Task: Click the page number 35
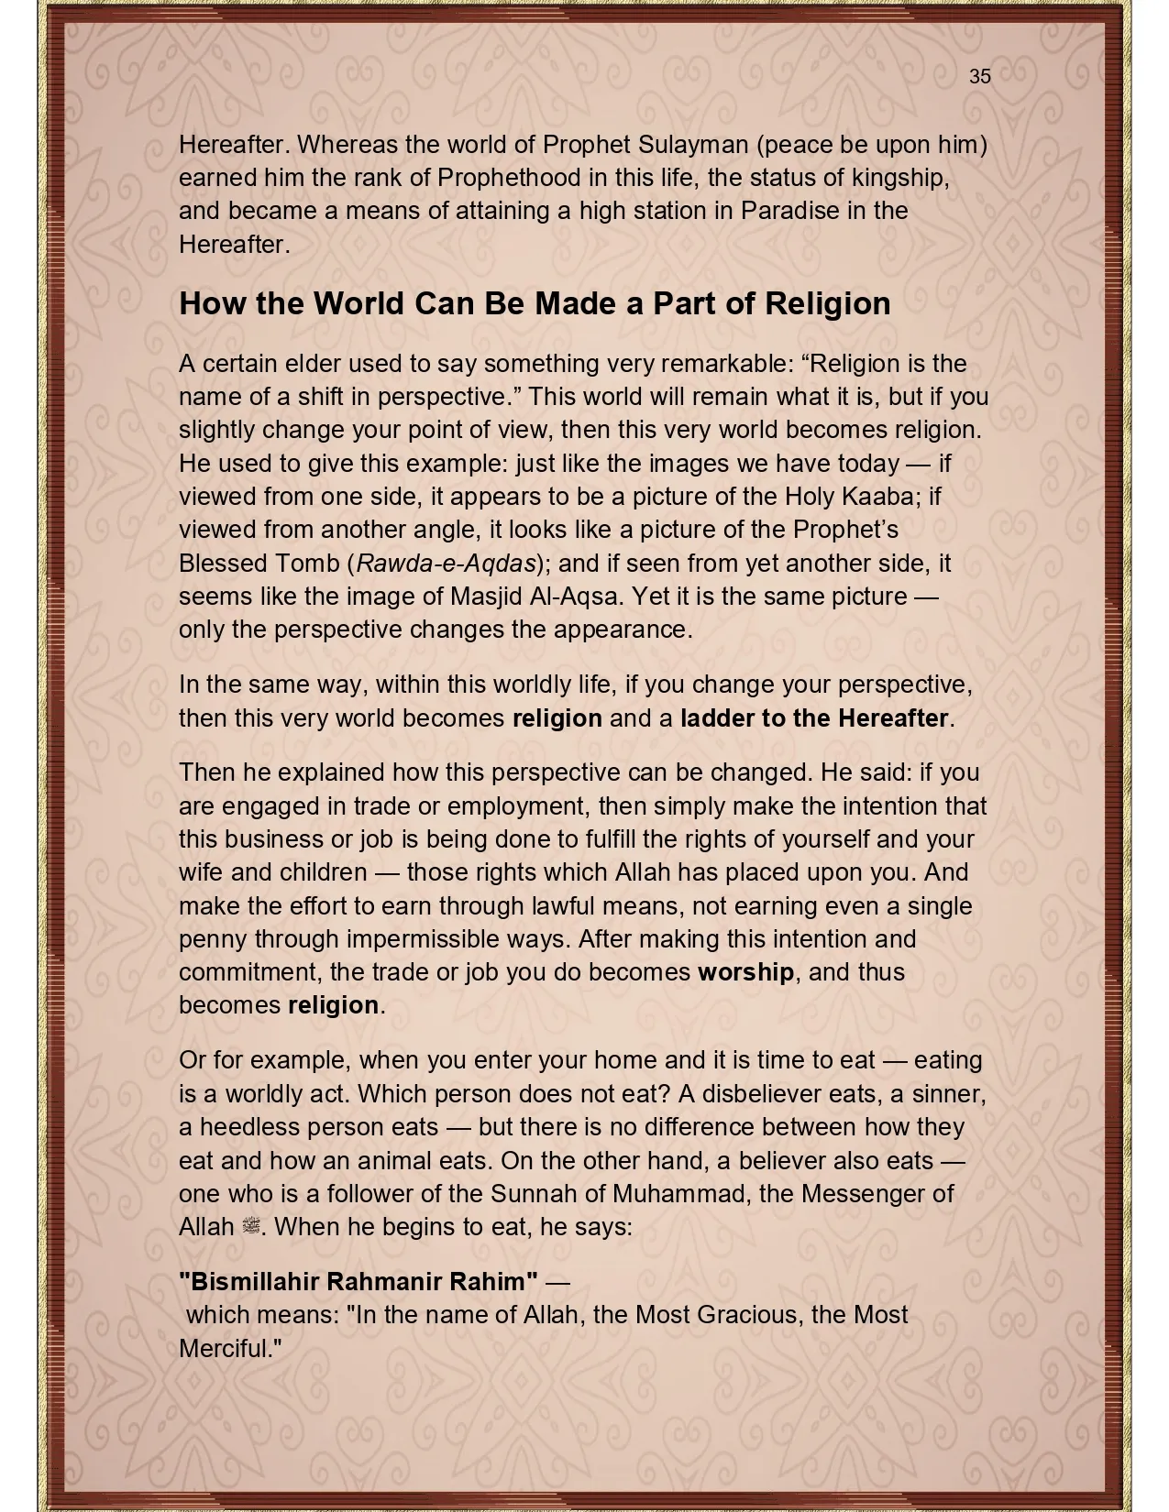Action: [979, 77]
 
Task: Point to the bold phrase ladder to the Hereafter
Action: [814, 718]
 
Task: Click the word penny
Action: [213, 939]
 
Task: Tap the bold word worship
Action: [745, 972]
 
